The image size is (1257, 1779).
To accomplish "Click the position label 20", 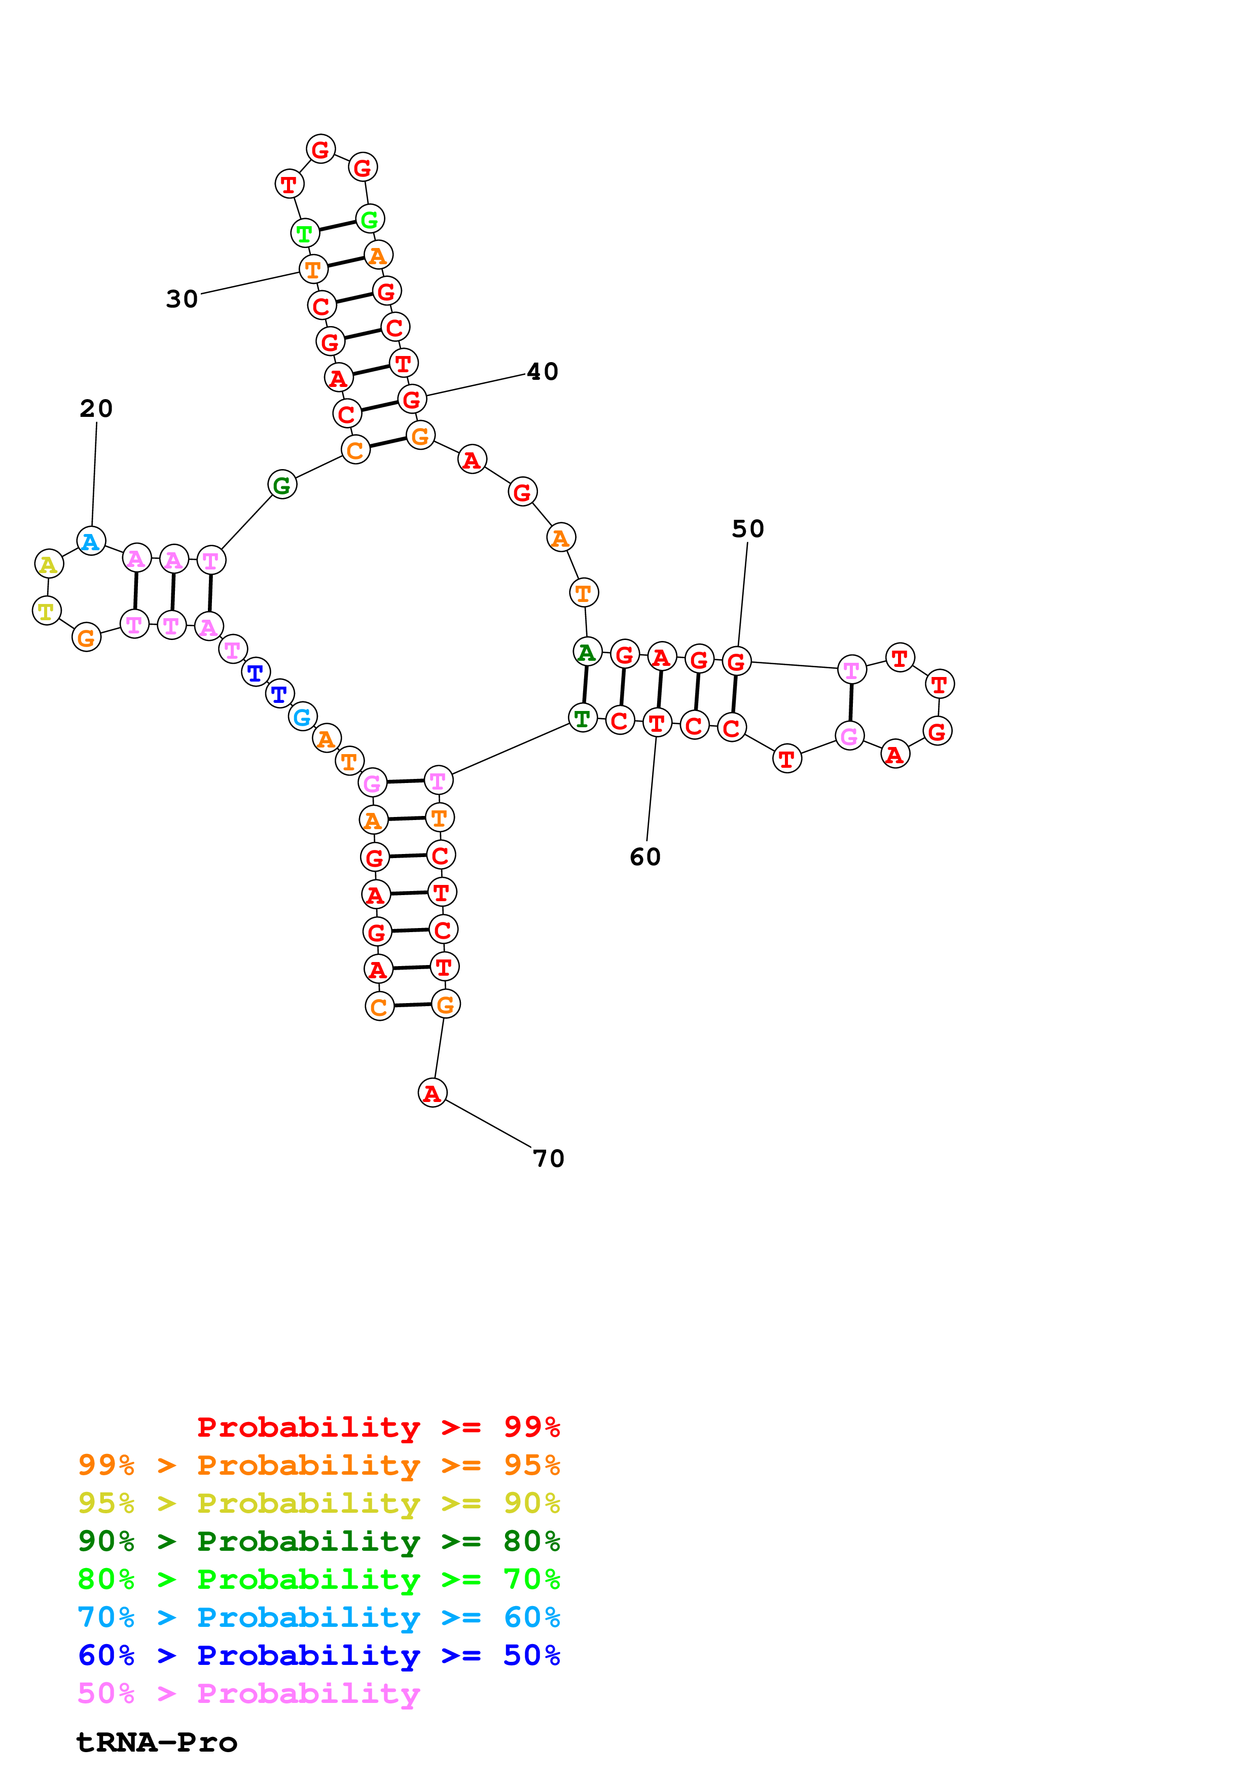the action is pyautogui.click(x=96, y=408).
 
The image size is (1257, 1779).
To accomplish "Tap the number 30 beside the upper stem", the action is pyautogui.click(x=182, y=299).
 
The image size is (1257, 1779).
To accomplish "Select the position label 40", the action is pyautogui.click(x=542, y=372).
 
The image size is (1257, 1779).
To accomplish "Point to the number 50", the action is pyautogui.click(x=747, y=529).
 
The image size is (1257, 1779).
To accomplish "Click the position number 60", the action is pyautogui.click(x=644, y=857).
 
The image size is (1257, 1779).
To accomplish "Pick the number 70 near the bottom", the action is pyautogui.click(x=548, y=1158).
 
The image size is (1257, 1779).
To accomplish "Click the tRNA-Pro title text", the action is pyautogui.click(x=157, y=1742).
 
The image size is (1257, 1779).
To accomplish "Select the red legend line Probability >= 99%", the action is pyautogui.click(x=378, y=1427).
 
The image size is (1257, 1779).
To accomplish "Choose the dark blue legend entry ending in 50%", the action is pyautogui.click(x=318, y=1655).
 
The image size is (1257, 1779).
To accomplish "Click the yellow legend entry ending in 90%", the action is pyautogui.click(x=318, y=1503).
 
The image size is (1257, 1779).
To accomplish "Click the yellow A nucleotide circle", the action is pyautogui.click(x=49, y=564).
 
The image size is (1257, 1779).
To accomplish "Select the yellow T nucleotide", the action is pyautogui.click(x=47, y=611).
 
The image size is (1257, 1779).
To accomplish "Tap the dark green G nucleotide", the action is pyautogui.click(x=282, y=485).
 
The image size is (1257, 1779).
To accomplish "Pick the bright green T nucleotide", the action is pyautogui.click(x=304, y=232).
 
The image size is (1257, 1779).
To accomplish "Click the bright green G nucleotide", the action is pyautogui.click(x=370, y=219).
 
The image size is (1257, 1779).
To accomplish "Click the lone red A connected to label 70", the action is pyautogui.click(x=432, y=1093).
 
